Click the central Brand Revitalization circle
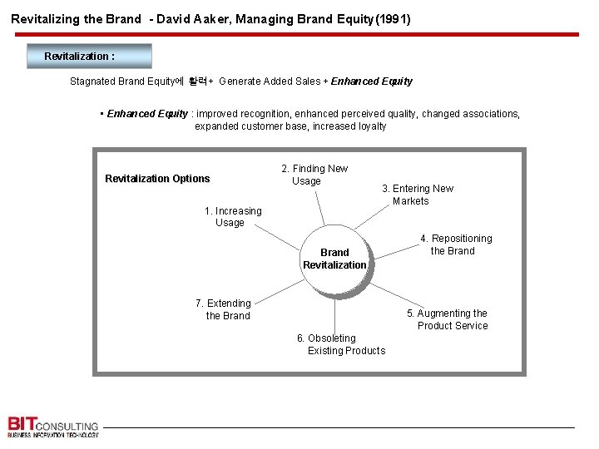(x=334, y=259)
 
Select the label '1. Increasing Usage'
(x=233, y=217)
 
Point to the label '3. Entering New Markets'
(x=417, y=195)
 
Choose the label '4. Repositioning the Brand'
(x=455, y=244)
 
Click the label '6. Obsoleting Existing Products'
(x=341, y=344)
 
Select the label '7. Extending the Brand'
(x=224, y=309)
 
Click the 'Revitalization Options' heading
(x=157, y=179)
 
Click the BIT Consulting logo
(x=52, y=426)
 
